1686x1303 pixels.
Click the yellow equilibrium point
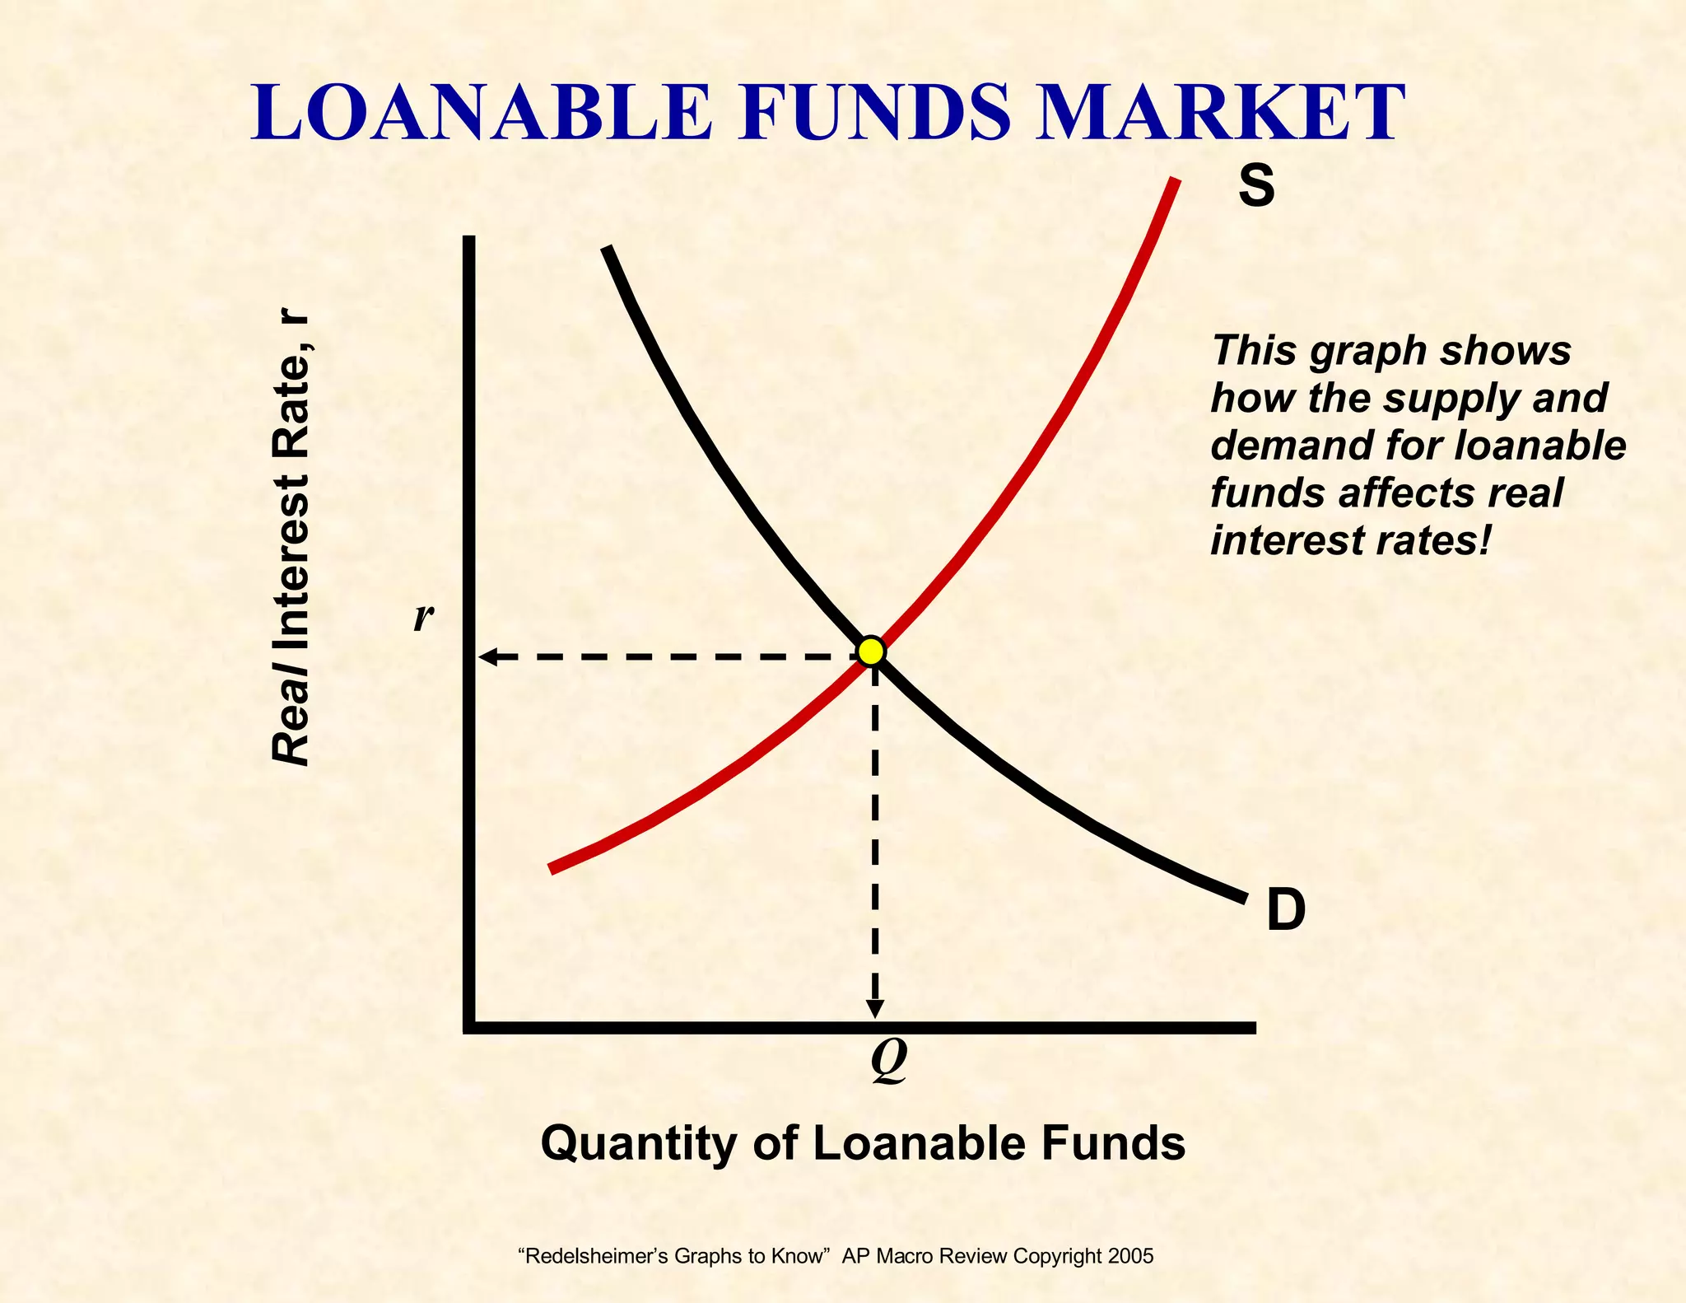[x=871, y=651]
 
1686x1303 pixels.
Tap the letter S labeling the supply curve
[x=1256, y=186]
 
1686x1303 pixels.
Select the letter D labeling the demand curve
[x=1286, y=910]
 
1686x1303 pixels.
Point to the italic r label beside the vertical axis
[x=423, y=616]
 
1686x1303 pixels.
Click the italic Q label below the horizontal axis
[x=888, y=1061]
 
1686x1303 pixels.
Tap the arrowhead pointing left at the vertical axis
[x=488, y=656]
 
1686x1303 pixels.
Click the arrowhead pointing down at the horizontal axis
[x=876, y=1008]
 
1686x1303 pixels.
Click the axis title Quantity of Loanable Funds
[x=863, y=1142]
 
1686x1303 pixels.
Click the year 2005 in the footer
[x=1131, y=1256]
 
